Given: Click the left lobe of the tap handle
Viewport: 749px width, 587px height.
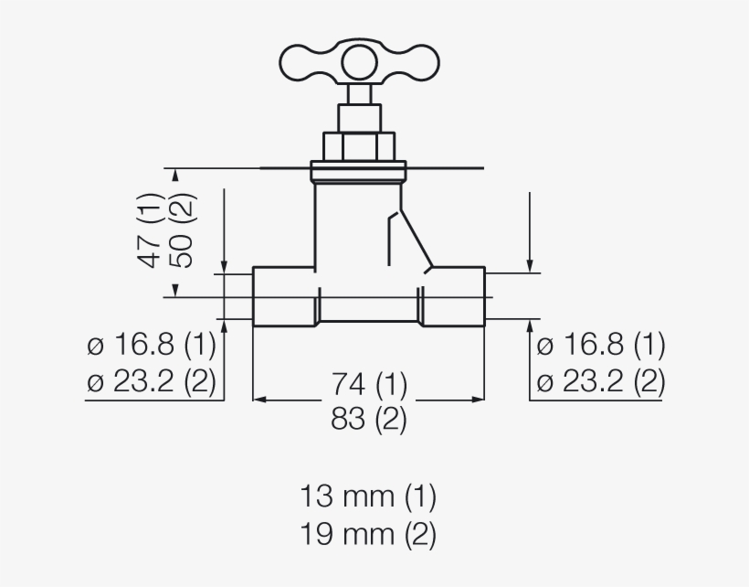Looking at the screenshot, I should pyautogui.click(x=306, y=63).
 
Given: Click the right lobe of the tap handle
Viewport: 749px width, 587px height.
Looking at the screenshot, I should pyautogui.click(x=412, y=63).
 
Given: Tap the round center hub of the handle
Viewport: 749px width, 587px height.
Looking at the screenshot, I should pyautogui.click(x=359, y=63).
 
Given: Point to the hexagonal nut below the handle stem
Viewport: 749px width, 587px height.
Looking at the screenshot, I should pyautogui.click(x=359, y=145).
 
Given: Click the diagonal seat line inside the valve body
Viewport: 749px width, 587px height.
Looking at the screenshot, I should pyautogui.click(x=409, y=240).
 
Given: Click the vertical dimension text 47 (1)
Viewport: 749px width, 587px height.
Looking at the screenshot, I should pyautogui.click(x=151, y=230).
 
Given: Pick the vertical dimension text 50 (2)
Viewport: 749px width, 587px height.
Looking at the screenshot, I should pyautogui.click(x=183, y=230).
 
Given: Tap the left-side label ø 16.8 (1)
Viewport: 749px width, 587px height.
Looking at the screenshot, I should pyautogui.click(x=152, y=346).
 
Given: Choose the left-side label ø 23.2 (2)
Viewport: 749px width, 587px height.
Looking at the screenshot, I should pyautogui.click(x=152, y=381).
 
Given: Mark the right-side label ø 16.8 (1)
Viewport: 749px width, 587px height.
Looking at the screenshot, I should pyautogui.click(x=600, y=346).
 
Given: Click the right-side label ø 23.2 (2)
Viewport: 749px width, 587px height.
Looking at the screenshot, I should pyautogui.click(x=600, y=381).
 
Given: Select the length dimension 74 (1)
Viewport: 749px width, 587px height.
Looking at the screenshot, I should pyautogui.click(x=369, y=382).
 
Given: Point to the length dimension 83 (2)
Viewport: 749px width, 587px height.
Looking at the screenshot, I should pyautogui.click(x=369, y=419).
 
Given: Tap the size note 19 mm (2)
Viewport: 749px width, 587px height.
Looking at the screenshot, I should pyautogui.click(x=368, y=533).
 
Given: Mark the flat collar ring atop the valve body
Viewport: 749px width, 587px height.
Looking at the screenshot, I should pyautogui.click(x=359, y=171).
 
